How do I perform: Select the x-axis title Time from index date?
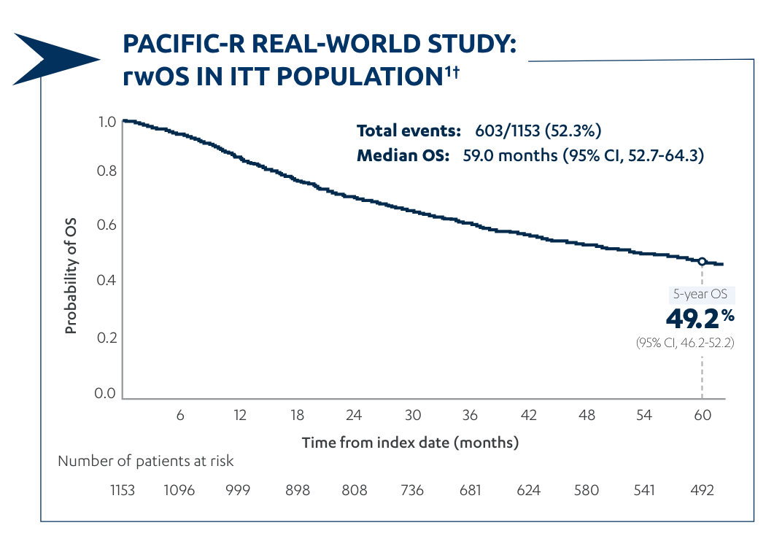pyautogui.click(x=410, y=443)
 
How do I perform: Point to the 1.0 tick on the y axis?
pyautogui.click(x=107, y=122)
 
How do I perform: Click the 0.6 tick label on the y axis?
pyautogui.click(x=107, y=225)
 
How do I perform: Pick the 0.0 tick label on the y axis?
pyautogui.click(x=107, y=394)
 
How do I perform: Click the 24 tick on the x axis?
pyautogui.click(x=354, y=415)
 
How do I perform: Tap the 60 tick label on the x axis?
pyautogui.click(x=702, y=415)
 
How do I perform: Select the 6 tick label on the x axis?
pyautogui.click(x=180, y=415)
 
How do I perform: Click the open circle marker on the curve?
pyautogui.click(x=702, y=261)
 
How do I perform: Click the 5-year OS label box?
pyautogui.click(x=702, y=295)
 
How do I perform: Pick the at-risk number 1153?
pyautogui.click(x=123, y=490)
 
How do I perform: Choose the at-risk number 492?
pyautogui.click(x=702, y=490)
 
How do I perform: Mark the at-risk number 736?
pyautogui.click(x=412, y=490)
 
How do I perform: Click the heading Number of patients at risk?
pyautogui.click(x=146, y=461)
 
